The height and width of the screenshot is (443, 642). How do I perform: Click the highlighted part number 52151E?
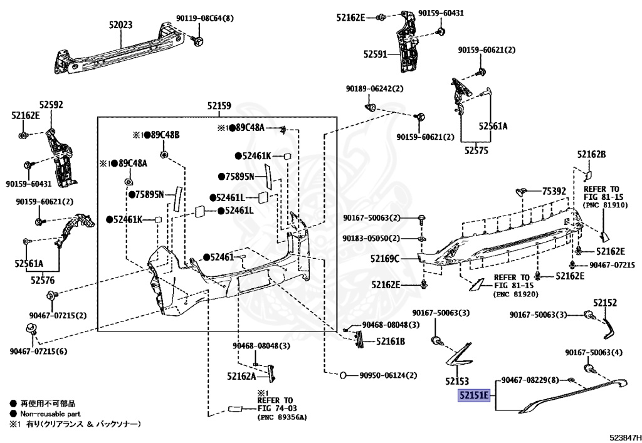(x=473, y=396)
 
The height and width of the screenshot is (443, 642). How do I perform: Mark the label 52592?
(x=51, y=105)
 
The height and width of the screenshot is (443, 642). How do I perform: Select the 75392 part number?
(x=554, y=190)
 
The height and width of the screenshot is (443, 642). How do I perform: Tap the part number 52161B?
(x=391, y=341)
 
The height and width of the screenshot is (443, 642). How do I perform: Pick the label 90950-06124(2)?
(x=388, y=375)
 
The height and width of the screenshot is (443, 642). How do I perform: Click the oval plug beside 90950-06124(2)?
(x=345, y=375)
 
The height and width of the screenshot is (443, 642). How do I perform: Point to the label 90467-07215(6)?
(x=38, y=352)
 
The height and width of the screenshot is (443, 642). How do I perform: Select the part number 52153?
(x=457, y=381)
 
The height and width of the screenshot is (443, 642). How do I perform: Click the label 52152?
(x=606, y=303)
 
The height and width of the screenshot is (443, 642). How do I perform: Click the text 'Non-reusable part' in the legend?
(x=46, y=414)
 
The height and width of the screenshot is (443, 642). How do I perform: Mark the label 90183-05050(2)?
(x=371, y=239)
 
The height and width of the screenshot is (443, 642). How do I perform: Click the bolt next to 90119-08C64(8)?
(x=197, y=41)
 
